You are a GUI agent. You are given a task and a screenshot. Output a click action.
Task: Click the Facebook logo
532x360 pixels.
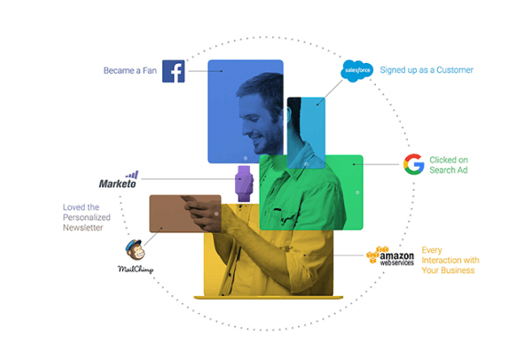click(x=174, y=71)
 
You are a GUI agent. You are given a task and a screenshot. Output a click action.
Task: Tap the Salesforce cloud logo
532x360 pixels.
click(x=357, y=71)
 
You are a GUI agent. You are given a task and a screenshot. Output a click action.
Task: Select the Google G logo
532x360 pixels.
click(x=413, y=164)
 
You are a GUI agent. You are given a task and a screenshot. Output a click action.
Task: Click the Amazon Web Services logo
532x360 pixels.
click(x=390, y=256)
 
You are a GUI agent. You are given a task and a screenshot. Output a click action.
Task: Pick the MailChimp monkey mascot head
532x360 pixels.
click(x=136, y=250)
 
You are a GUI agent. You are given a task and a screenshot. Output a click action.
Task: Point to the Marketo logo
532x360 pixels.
click(x=118, y=180)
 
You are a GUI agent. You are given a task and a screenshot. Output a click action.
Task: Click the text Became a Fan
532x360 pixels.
click(x=130, y=71)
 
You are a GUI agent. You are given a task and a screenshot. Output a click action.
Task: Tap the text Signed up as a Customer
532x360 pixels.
click(x=426, y=70)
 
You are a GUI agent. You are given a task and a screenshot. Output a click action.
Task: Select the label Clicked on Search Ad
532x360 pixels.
click(x=449, y=165)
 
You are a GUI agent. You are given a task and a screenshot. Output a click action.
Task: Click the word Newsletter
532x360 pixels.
click(x=82, y=228)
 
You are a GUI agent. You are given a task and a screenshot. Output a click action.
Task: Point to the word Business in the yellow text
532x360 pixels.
click(x=458, y=270)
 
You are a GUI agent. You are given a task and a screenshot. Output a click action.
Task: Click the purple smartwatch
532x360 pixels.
click(x=245, y=184)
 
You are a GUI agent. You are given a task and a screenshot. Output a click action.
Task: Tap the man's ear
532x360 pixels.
click(x=289, y=114)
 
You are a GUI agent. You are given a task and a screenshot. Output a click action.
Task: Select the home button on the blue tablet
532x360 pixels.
click(x=246, y=158)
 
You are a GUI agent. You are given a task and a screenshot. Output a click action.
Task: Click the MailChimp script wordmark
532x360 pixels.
click(x=136, y=270)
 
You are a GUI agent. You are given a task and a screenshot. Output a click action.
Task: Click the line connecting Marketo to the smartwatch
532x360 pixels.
click(x=188, y=179)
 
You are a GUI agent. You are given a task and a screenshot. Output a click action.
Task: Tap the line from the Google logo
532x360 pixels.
click(x=376, y=165)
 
